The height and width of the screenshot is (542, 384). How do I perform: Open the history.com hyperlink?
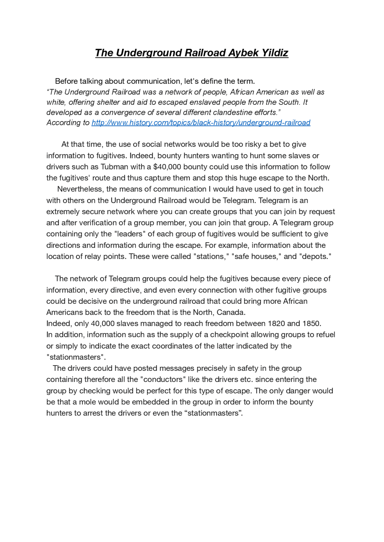pyautogui.click(x=201, y=123)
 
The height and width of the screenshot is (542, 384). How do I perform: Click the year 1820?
pyautogui.click(x=276, y=323)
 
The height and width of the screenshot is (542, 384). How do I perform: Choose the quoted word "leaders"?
pyautogui.click(x=130, y=234)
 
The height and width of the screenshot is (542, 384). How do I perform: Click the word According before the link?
pyautogui.click(x=64, y=123)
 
